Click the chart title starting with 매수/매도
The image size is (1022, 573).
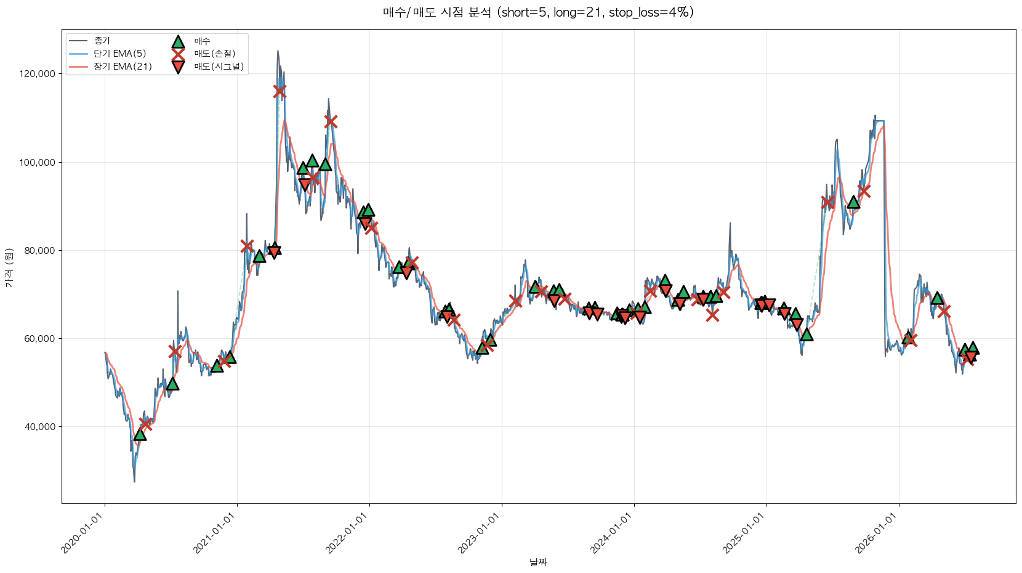(x=538, y=12)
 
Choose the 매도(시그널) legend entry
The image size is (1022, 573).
(x=207, y=67)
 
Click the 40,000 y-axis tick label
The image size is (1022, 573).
(x=39, y=427)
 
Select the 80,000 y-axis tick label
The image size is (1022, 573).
(x=39, y=251)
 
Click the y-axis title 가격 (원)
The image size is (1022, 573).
(x=9, y=267)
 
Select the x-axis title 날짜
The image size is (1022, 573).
(x=538, y=563)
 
